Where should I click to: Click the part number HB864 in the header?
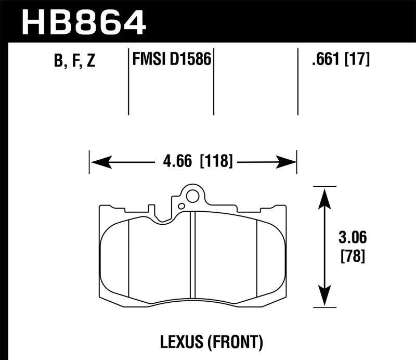84,21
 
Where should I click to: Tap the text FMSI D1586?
172,60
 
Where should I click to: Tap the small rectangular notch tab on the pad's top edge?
152,210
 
